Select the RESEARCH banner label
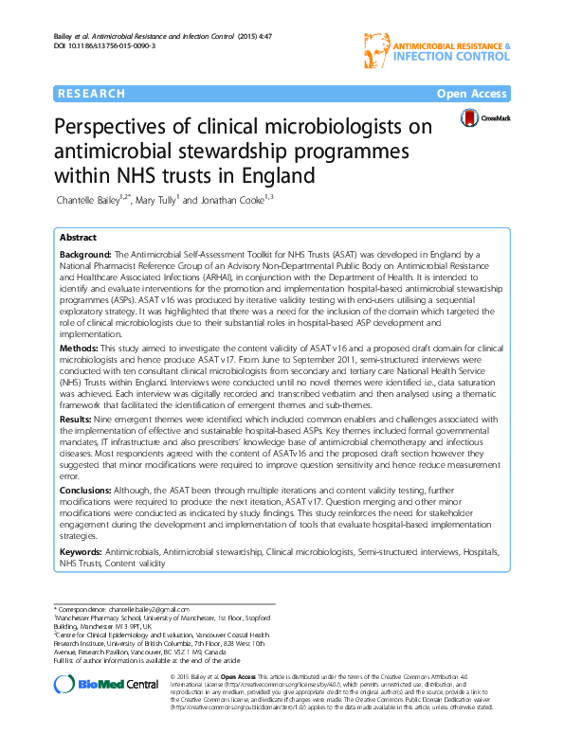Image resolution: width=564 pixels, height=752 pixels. tap(91, 94)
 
